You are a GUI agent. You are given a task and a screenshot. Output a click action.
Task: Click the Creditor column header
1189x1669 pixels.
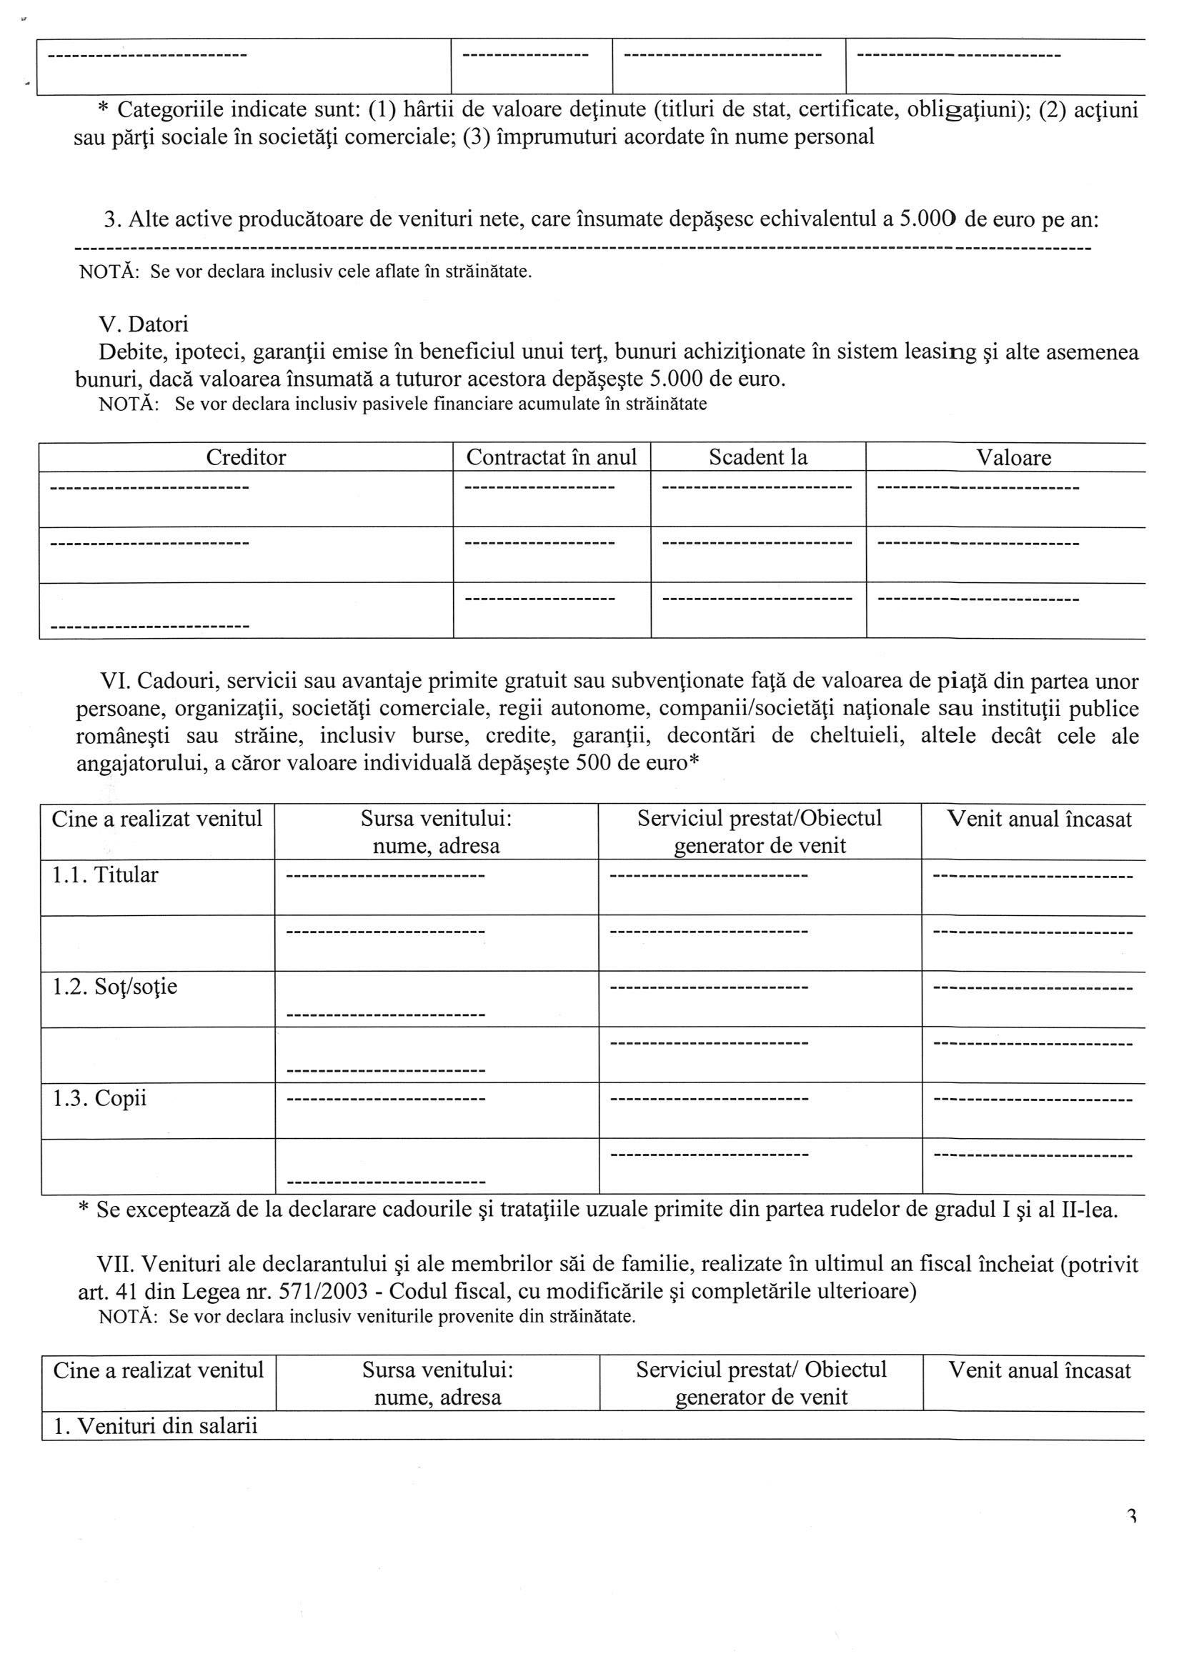coord(246,457)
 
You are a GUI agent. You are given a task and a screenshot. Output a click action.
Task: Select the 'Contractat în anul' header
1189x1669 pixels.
coord(552,457)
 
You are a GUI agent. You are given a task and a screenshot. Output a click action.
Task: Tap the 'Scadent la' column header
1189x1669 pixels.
coord(757,457)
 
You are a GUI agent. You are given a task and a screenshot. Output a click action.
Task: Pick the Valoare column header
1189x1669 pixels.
coord(1013,458)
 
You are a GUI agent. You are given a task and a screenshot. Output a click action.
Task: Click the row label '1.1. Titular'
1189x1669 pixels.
coord(105,875)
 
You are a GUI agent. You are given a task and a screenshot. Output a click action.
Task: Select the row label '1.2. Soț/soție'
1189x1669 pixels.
coord(114,987)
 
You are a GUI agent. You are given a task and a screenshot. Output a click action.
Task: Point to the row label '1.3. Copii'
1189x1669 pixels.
coord(99,1098)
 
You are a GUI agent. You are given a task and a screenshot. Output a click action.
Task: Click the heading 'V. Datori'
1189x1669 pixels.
coord(144,324)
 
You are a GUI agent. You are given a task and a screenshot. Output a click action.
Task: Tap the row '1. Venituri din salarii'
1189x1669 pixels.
coord(155,1426)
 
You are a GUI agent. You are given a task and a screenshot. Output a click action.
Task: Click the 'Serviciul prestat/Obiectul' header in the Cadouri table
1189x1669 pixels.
coord(760,818)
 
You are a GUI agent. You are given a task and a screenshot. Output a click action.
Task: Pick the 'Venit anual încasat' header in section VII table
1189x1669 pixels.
coord(1040,1370)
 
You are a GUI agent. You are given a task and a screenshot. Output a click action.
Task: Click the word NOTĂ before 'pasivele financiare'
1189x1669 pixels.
coord(129,404)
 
